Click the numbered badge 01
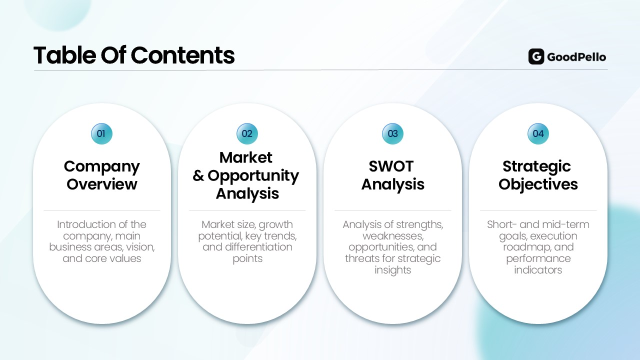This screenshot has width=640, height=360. coord(101,133)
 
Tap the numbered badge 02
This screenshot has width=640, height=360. coord(247,133)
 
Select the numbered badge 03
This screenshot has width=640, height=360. coord(392,133)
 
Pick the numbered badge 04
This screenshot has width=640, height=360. coord(538,133)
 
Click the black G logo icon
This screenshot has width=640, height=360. coord(536,56)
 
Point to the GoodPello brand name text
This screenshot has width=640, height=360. coord(576,57)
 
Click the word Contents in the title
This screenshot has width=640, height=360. coord(182,55)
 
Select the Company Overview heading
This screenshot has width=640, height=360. coord(101,175)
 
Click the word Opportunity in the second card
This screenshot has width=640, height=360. coord(253,176)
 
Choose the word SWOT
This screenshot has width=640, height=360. coord(391,166)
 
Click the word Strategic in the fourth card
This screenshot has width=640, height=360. coord(536,167)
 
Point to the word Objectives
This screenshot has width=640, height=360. coord(538,184)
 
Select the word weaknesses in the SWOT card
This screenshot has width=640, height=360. coord(393,236)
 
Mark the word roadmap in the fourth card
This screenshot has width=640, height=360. coord(526,247)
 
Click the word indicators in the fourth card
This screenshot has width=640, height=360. coord(538,270)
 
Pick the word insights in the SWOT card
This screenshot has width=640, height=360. coord(393,270)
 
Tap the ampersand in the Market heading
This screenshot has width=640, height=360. coord(198,175)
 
